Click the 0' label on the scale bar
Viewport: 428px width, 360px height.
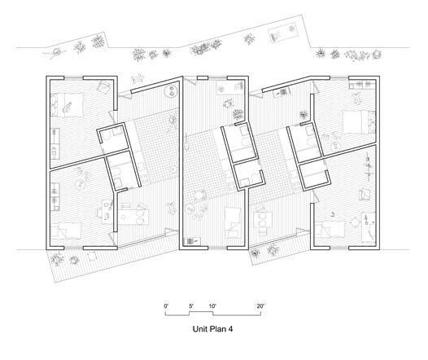[166, 306]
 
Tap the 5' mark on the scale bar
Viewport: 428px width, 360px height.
[191, 306]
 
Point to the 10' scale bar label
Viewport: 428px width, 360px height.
[212, 306]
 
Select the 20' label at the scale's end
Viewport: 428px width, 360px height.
[260, 306]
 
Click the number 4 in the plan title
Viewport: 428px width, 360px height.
[230, 329]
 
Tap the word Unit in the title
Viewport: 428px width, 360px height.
[199, 329]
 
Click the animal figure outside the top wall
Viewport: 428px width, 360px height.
[138, 79]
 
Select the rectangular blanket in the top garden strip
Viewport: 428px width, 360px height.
[284, 33]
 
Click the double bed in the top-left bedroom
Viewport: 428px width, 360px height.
[67, 105]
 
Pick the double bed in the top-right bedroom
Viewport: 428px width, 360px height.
[359, 122]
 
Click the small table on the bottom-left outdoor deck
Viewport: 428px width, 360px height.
[92, 256]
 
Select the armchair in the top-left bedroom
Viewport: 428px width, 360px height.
[104, 87]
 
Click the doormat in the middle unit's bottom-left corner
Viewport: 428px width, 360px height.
[192, 241]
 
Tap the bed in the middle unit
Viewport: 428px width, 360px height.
[233, 222]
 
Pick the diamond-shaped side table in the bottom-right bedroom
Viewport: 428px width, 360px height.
[355, 222]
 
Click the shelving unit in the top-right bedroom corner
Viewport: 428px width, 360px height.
[363, 85]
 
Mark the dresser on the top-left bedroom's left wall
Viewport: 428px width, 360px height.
[55, 143]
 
